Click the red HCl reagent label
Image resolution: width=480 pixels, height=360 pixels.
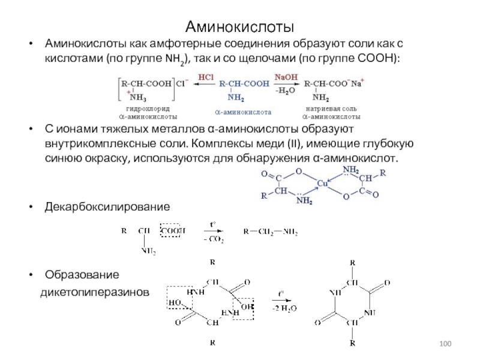(x=205, y=77)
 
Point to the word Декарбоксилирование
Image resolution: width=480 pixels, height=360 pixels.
(x=107, y=206)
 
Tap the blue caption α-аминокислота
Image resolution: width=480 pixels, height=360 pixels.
(x=243, y=112)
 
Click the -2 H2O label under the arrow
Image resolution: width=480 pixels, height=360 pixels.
(x=280, y=307)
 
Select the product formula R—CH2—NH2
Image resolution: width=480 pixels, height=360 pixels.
(x=270, y=231)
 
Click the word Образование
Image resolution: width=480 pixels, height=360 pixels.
(x=82, y=275)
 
